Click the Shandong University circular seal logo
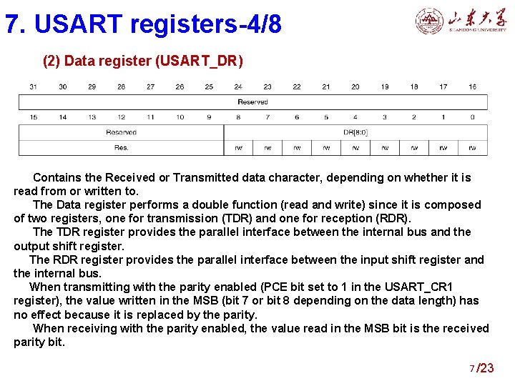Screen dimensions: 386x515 click(x=429, y=21)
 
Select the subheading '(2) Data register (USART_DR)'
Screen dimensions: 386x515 click(x=143, y=61)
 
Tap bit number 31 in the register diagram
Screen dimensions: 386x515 click(x=34, y=87)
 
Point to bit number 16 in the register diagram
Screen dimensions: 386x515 click(x=473, y=87)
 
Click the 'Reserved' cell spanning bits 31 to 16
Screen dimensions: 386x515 click(x=252, y=102)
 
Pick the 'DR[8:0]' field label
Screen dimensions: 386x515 click(x=355, y=132)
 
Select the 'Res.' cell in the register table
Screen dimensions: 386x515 click(x=122, y=148)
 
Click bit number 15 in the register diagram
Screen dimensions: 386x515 click(x=34, y=117)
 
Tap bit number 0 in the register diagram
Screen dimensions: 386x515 click(x=473, y=117)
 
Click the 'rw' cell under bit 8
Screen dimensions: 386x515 click(x=238, y=148)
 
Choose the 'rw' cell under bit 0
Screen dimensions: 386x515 click(x=473, y=148)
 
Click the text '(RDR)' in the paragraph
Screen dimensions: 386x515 click(x=393, y=218)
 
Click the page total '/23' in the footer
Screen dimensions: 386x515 click(x=486, y=368)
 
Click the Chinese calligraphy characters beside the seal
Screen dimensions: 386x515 click(x=477, y=20)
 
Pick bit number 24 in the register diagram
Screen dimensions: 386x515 click(x=238, y=87)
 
